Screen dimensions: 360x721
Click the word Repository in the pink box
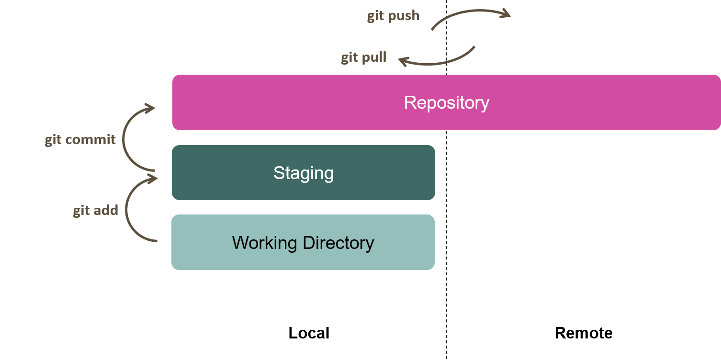[x=446, y=102]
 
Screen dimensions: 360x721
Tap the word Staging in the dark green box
[x=304, y=173]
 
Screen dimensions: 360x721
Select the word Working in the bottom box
[x=264, y=243]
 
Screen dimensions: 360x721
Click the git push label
[x=393, y=16]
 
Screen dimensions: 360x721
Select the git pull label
[x=363, y=58]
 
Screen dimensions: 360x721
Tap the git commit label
[x=80, y=139]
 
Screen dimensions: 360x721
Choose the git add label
[x=95, y=210]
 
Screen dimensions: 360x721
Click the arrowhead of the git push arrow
[x=505, y=13]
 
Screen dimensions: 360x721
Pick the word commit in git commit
[x=90, y=139]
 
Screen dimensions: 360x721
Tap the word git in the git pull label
[x=349, y=58]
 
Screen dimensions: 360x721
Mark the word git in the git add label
[x=81, y=211]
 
